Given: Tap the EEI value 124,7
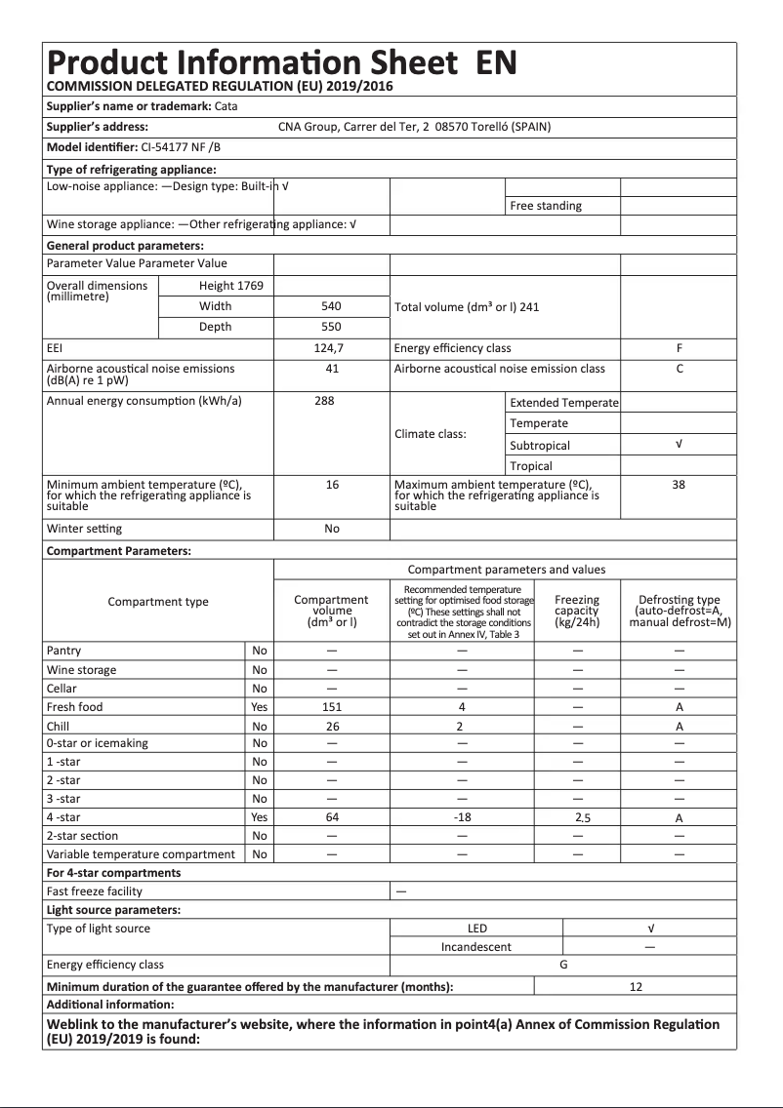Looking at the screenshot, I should [x=332, y=348].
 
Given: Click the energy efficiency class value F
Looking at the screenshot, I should [x=679, y=348].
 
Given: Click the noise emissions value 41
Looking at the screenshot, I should [x=332, y=369].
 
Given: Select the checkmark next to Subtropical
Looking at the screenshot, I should [x=679, y=445].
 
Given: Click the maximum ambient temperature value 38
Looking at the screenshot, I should [x=679, y=484].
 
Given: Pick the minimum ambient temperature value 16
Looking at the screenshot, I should [x=332, y=484].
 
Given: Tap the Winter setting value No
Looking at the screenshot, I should [x=332, y=529].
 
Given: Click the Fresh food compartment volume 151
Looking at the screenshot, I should [x=332, y=707].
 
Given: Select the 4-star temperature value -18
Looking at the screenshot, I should [x=463, y=817].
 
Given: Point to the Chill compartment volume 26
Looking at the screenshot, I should [x=332, y=727].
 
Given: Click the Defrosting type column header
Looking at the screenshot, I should [x=679, y=611].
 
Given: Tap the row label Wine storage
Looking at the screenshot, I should [x=81, y=670].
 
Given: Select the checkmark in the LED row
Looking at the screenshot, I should [x=650, y=929].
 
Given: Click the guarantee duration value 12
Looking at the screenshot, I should [x=636, y=987].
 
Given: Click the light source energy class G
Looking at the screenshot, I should [x=563, y=965].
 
